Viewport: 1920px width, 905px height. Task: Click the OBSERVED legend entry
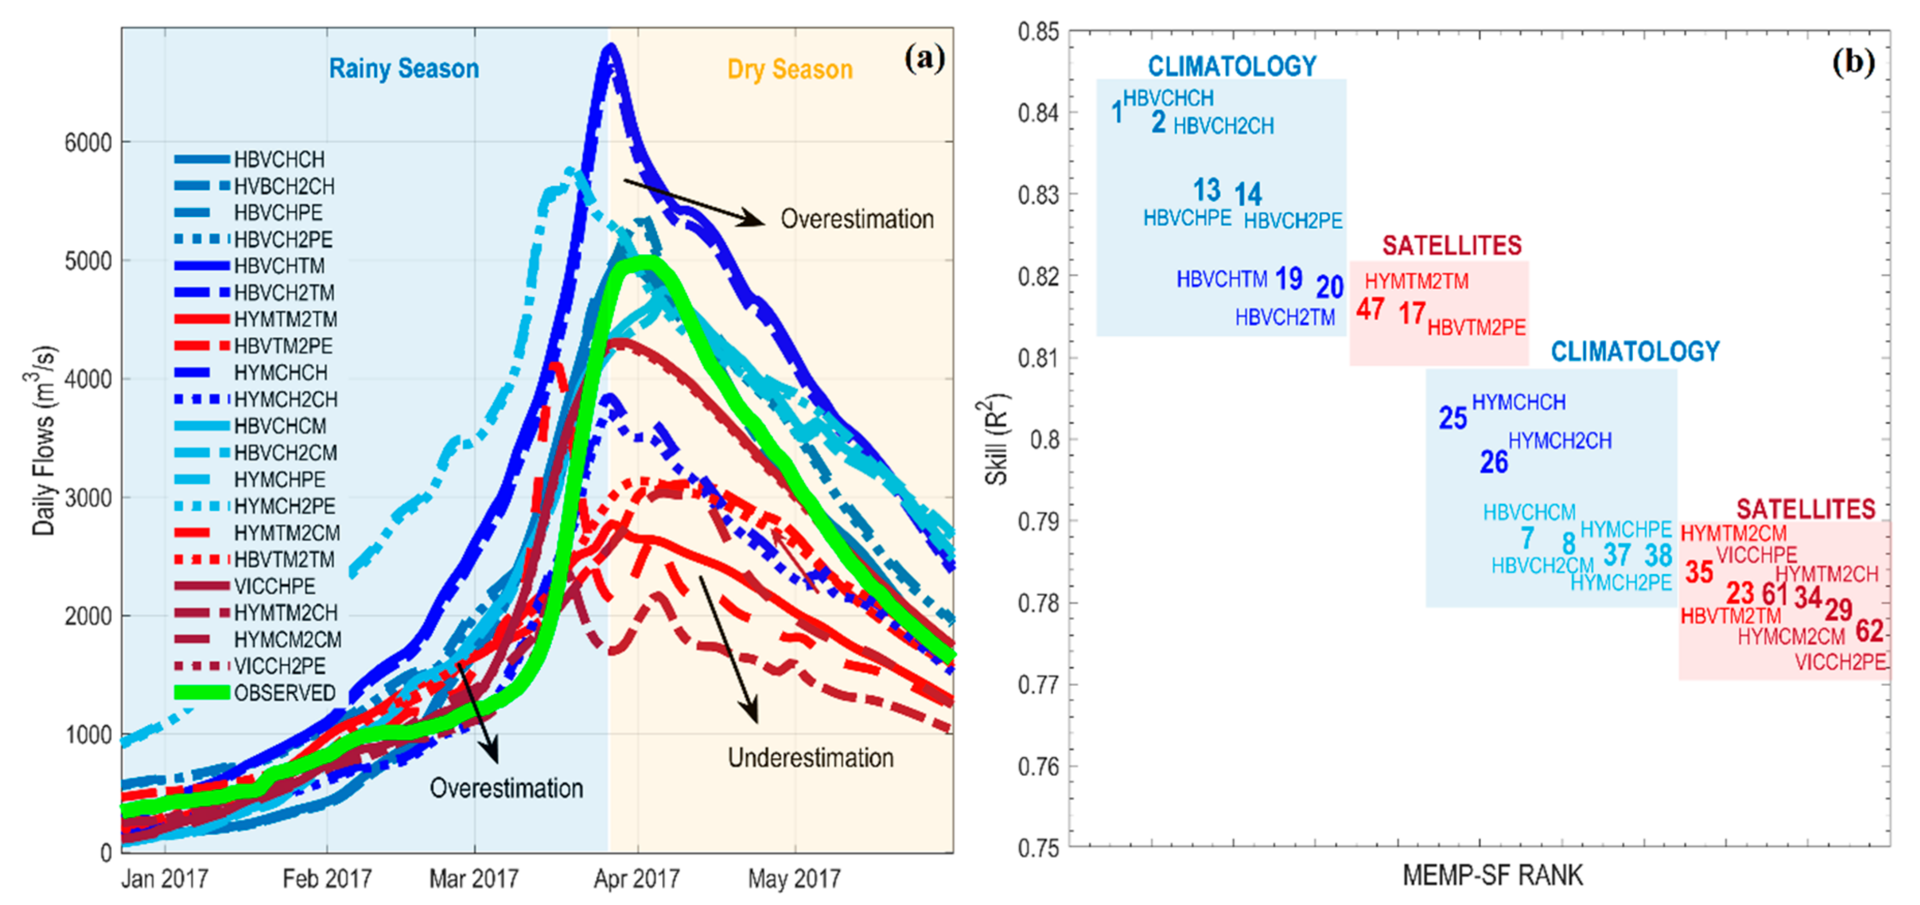284,693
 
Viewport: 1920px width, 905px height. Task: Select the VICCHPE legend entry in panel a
274,586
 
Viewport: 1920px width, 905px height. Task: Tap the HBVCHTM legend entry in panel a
279,266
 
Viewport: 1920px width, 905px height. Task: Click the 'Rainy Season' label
404,69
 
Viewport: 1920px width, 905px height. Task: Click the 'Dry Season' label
789,69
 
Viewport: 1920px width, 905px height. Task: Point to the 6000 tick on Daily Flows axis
88,142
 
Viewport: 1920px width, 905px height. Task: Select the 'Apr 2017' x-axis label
637,879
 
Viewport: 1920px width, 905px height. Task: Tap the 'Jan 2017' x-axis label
165,879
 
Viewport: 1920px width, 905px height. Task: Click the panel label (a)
924,57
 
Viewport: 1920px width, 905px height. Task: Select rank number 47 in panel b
1370,308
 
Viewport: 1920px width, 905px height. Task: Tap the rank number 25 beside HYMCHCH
1452,418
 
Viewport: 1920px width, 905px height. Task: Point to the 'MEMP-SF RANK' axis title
1492,875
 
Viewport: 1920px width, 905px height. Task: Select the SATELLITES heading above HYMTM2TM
1451,245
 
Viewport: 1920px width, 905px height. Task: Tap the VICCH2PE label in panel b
1839,661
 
